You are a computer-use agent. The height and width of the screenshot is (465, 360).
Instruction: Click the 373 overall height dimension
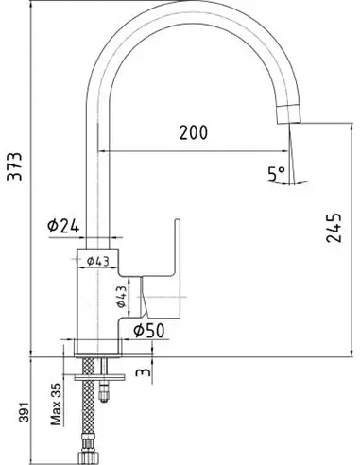tap(15, 166)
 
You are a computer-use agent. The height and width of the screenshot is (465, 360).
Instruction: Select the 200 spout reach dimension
tap(194, 132)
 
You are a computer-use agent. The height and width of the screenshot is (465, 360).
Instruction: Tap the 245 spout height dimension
tap(334, 228)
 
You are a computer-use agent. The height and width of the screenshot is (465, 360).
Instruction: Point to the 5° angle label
tap(277, 174)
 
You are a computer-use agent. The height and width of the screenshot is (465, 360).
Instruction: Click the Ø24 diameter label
tap(63, 226)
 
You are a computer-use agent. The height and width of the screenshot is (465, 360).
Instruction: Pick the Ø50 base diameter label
tap(149, 331)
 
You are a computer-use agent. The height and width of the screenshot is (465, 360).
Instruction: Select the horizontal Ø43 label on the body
tap(97, 261)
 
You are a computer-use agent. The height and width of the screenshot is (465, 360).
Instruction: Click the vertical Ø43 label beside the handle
tap(121, 297)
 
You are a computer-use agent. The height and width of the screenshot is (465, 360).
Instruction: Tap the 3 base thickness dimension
tap(144, 371)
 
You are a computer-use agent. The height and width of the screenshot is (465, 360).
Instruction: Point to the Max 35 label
tap(56, 405)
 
